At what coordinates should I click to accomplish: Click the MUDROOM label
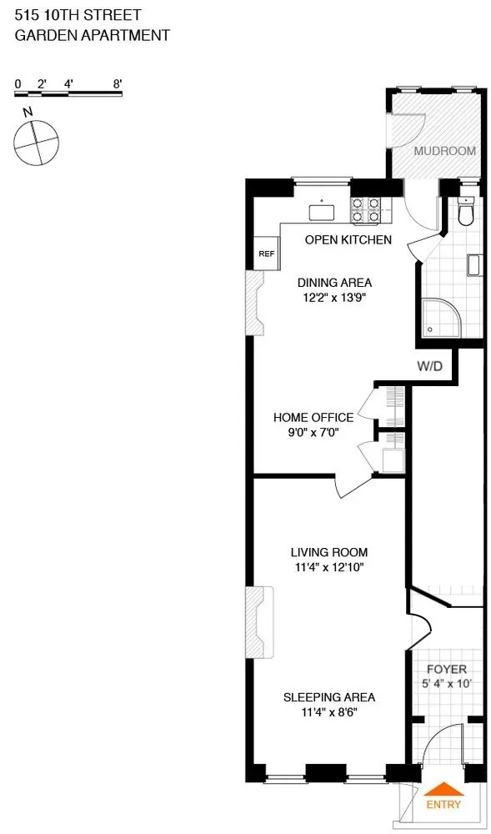click(445, 151)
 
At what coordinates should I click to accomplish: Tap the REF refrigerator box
click(267, 254)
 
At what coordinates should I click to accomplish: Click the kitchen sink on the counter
click(321, 212)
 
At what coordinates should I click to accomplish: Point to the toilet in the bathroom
click(466, 214)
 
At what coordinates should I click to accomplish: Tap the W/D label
click(429, 365)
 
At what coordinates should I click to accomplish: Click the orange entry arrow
click(443, 790)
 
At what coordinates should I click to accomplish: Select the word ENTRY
click(443, 805)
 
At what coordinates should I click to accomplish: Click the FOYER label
click(447, 670)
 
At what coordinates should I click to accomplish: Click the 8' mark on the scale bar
click(118, 83)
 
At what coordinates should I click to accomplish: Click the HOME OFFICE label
click(313, 417)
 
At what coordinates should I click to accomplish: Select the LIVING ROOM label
click(328, 552)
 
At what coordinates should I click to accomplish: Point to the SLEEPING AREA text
click(328, 697)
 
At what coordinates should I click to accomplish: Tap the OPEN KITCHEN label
click(348, 240)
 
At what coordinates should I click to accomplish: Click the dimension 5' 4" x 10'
click(446, 684)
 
